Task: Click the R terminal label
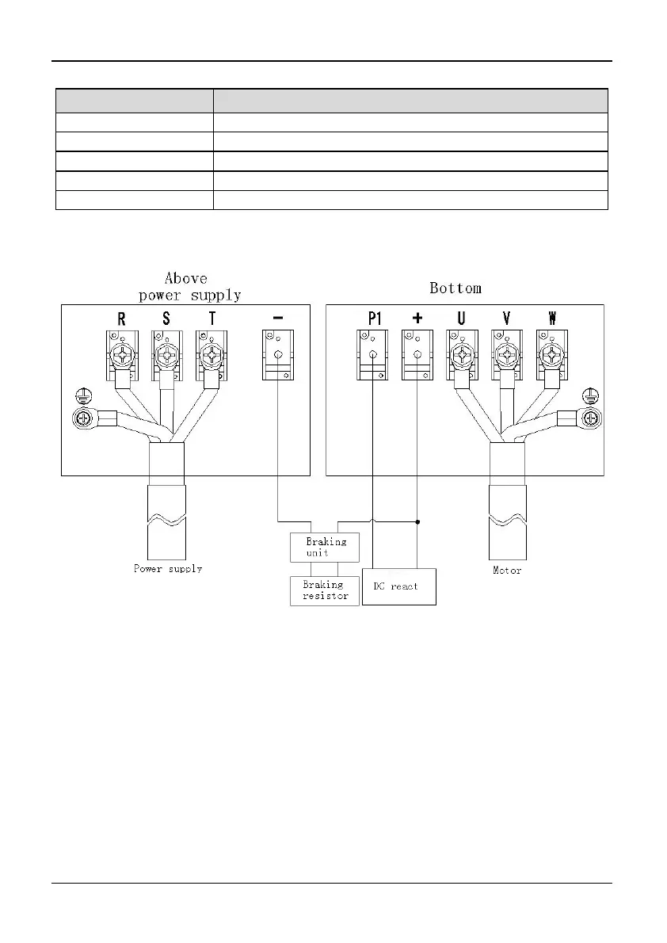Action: [121, 319]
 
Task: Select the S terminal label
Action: [166, 319]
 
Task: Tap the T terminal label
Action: [211, 319]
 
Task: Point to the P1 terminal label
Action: [374, 319]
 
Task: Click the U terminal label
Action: [461, 319]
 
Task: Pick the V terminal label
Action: [506, 319]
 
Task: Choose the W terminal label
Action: [552, 319]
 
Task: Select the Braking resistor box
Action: [325, 590]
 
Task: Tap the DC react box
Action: [398, 586]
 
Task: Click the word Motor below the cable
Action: [507, 570]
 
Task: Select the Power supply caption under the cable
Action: [167, 569]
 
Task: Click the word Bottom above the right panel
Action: [455, 288]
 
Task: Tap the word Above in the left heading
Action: [186, 278]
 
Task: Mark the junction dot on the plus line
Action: [417, 521]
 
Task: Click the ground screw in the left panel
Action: [82, 418]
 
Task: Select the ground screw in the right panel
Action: [589, 418]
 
